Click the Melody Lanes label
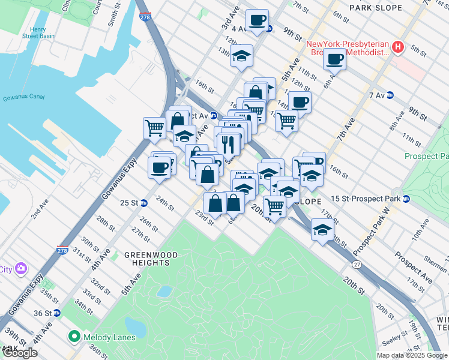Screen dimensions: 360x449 pos(109,337)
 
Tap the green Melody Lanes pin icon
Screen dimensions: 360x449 pos(74,337)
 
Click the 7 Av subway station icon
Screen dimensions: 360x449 pos(390,95)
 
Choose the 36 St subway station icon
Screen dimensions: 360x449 pos(57,313)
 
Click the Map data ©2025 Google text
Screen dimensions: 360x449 pos(411,355)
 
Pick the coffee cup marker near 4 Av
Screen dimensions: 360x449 pos(257,20)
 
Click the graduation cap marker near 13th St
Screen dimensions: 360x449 pos(241,56)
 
